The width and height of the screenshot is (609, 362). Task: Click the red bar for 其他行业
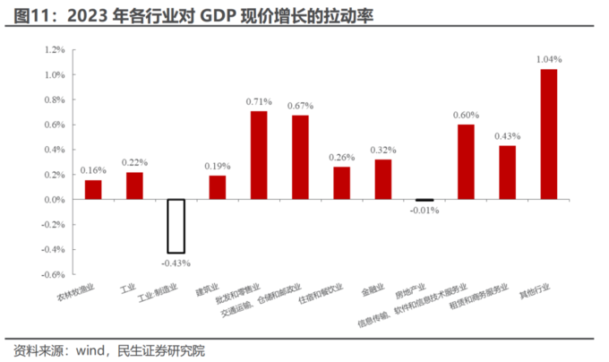click(548, 134)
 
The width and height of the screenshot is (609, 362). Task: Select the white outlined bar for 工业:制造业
click(176, 226)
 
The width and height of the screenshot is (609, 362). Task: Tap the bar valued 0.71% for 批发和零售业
click(258, 155)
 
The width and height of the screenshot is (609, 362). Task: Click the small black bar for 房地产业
click(425, 200)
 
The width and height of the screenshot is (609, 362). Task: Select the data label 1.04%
click(548, 59)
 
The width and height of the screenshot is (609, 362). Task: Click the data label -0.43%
click(176, 263)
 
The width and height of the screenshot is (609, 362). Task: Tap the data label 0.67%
click(300, 106)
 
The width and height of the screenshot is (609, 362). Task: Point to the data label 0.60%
click(466, 115)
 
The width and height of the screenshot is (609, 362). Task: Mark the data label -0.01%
click(425, 211)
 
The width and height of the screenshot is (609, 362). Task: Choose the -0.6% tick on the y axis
click(53, 274)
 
